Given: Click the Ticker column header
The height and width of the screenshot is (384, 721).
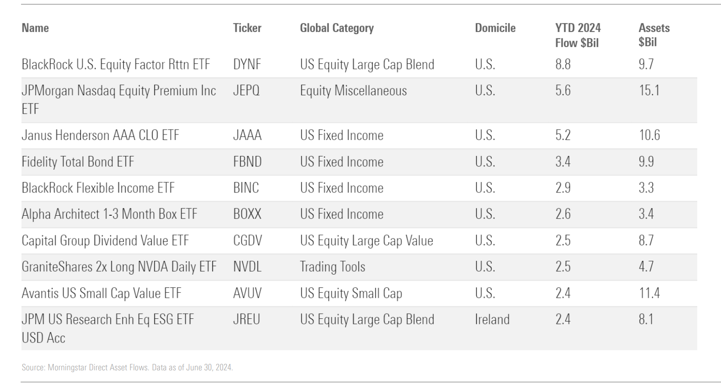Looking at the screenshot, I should tap(247, 28).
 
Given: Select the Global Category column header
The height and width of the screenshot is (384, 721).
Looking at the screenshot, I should tap(337, 28).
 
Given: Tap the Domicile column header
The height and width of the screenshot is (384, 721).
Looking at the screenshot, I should tap(495, 28).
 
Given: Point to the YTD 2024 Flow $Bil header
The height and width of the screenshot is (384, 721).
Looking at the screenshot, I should tap(578, 35).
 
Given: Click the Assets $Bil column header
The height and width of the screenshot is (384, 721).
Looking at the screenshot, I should tap(654, 35).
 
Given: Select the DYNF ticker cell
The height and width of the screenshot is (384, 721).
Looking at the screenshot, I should tap(247, 64).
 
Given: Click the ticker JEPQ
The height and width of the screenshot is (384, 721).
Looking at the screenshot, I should tap(246, 90).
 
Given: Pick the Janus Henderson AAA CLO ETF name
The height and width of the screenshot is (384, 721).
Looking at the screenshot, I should tap(100, 135).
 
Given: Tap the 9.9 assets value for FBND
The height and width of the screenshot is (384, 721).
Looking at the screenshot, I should tap(646, 161).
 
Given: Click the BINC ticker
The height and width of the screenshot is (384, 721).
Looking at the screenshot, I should tap(246, 188).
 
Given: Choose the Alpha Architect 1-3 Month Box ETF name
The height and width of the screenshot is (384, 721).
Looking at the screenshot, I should tap(110, 214).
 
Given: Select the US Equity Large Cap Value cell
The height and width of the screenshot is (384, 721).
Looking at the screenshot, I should tap(366, 240).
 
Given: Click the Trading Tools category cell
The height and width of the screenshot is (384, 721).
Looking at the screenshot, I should tap(332, 267).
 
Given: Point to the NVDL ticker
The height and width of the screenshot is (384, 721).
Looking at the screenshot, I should tap(247, 267).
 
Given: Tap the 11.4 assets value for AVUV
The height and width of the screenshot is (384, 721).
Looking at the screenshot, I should tap(649, 293).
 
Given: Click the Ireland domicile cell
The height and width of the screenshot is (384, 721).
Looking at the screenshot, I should tap(492, 319).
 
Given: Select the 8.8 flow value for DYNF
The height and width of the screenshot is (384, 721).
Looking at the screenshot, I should tap(563, 64).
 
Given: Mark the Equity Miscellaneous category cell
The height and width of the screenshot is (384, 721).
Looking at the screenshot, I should tap(353, 90).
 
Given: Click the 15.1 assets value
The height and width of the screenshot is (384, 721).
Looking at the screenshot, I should tap(649, 90).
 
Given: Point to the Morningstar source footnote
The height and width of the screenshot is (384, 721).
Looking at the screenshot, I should tap(127, 368).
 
